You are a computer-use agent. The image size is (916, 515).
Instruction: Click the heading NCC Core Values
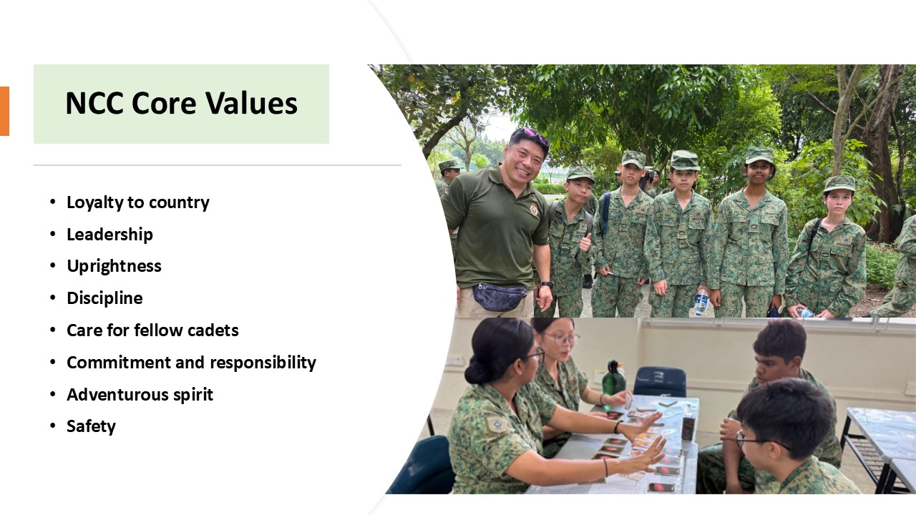(x=181, y=103)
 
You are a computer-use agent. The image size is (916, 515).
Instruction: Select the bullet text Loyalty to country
(x=138, y=202)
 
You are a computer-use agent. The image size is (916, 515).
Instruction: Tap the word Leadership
(x=109, y=235)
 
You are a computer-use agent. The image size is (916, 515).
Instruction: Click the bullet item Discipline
(x=104, y=298)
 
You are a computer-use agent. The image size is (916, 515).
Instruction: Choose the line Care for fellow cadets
(x=152, y=330)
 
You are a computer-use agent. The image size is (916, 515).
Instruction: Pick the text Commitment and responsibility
(x=191, y=363)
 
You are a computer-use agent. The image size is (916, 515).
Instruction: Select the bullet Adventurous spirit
(x=140, y=395)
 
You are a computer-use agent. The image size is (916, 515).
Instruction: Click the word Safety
(x=91, y=426)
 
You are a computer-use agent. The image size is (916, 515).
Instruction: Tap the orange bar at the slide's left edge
(x=4, y=111)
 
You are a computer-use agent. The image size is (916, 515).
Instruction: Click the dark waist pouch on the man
(x=500, y=296)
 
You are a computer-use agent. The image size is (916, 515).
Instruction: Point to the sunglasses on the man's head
(x=531, y=136)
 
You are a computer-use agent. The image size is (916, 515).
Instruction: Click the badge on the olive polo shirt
(x=534, y=209)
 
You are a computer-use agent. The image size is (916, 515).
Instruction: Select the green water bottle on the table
(x=613, y=378)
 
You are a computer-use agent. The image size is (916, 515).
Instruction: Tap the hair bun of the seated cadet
(x=476, y=371)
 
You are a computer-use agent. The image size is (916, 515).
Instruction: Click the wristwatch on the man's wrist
(x=547, y=284)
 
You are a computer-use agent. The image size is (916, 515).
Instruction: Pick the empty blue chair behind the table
(x=659, y=381)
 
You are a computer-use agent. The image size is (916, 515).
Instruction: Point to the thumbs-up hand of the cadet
(x=585, y=242)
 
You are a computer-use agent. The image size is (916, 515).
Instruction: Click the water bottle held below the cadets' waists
(x=701, y=303)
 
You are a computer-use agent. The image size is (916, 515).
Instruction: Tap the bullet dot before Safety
(x=52, y=426)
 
